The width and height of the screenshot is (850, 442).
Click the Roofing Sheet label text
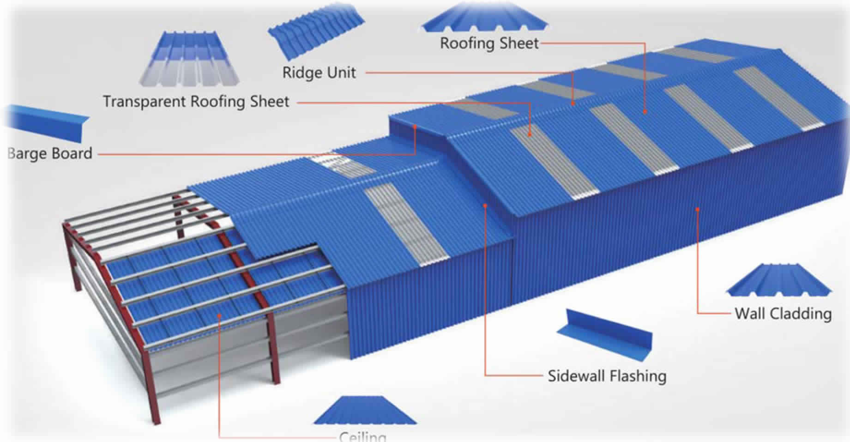point(489,43)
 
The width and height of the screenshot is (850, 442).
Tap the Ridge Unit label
point(319,73)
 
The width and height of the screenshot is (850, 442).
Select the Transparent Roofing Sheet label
point(196,102)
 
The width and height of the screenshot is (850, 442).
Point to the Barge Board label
point(50,153)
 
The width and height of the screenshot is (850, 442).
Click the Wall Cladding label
point(783,314)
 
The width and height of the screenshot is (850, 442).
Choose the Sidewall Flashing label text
point(607,376)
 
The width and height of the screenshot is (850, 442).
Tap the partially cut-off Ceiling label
point(362,436)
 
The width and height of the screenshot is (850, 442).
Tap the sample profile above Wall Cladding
point(779,281)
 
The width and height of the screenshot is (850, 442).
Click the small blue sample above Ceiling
point(365,411)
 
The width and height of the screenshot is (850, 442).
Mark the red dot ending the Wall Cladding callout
point(697,210)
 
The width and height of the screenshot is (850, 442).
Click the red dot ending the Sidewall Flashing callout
point(485,205)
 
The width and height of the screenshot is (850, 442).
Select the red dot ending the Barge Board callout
point(415,126)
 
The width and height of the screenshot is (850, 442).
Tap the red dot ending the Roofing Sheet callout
point(645,112)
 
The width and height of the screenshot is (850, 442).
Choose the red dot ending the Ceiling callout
point(219,316)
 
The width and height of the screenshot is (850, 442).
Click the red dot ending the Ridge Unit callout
point(573,103)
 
